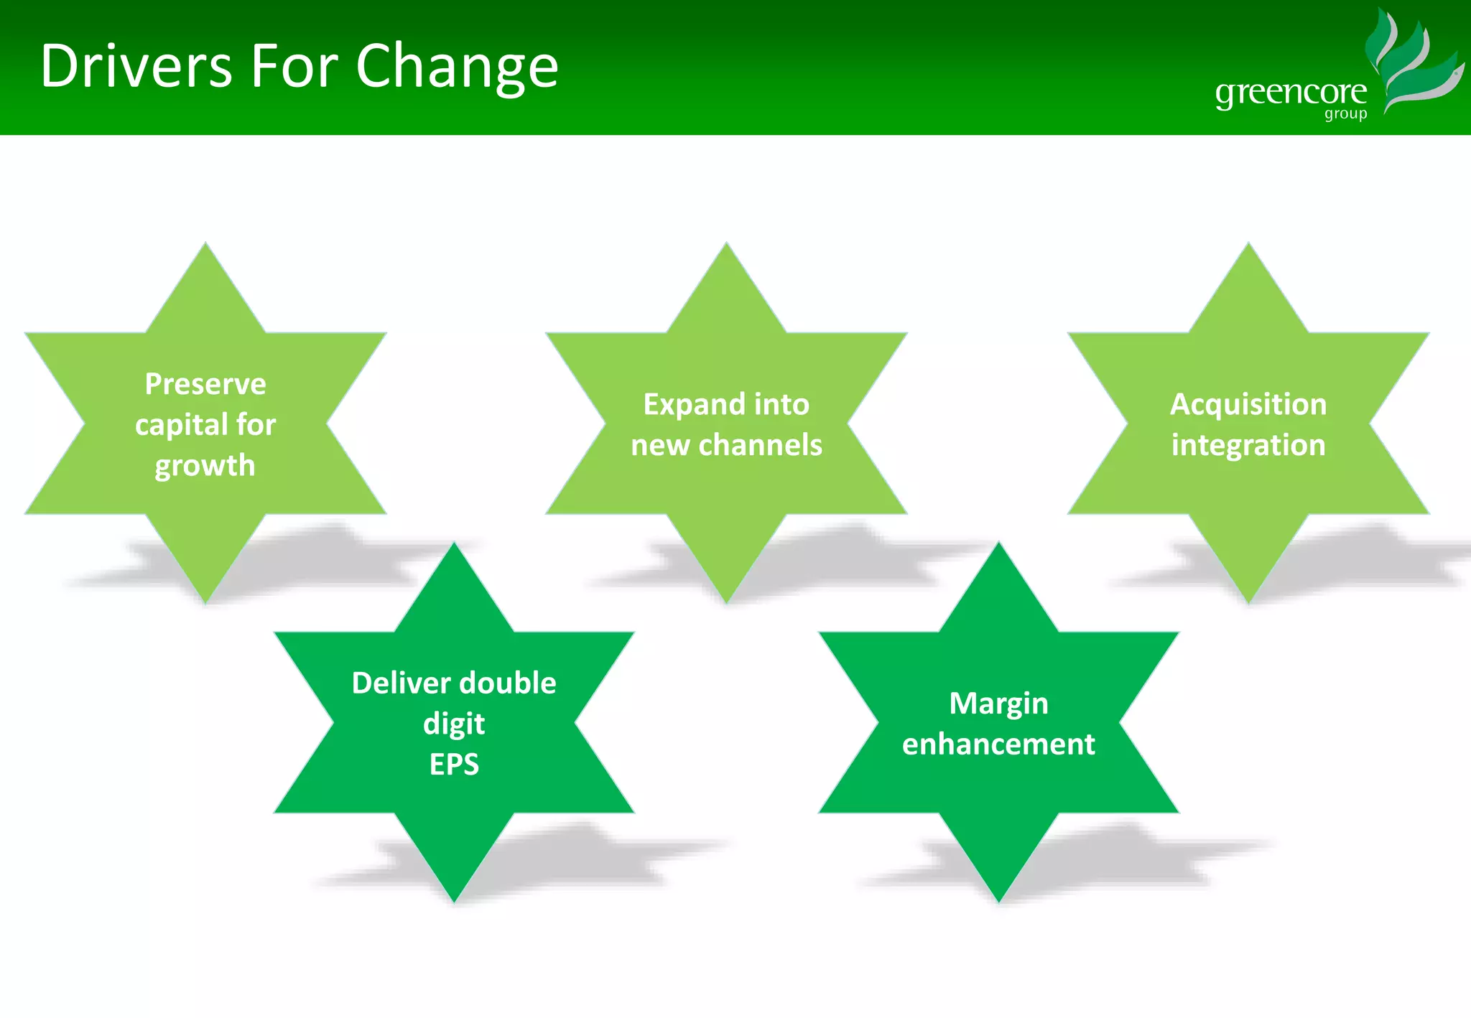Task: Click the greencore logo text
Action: tap(1291, 93)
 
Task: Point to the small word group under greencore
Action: tap(1345, 114)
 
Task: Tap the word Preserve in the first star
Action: tap(205, 384)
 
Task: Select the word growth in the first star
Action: tap(205, 466)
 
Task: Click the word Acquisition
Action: tap(1248, 404)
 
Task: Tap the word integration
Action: tap(1248, 445)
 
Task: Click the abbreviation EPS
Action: tap(454, 765)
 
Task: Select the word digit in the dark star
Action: tap(454, 724)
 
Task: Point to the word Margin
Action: tap(998, 704)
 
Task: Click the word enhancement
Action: tap(998, 744)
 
